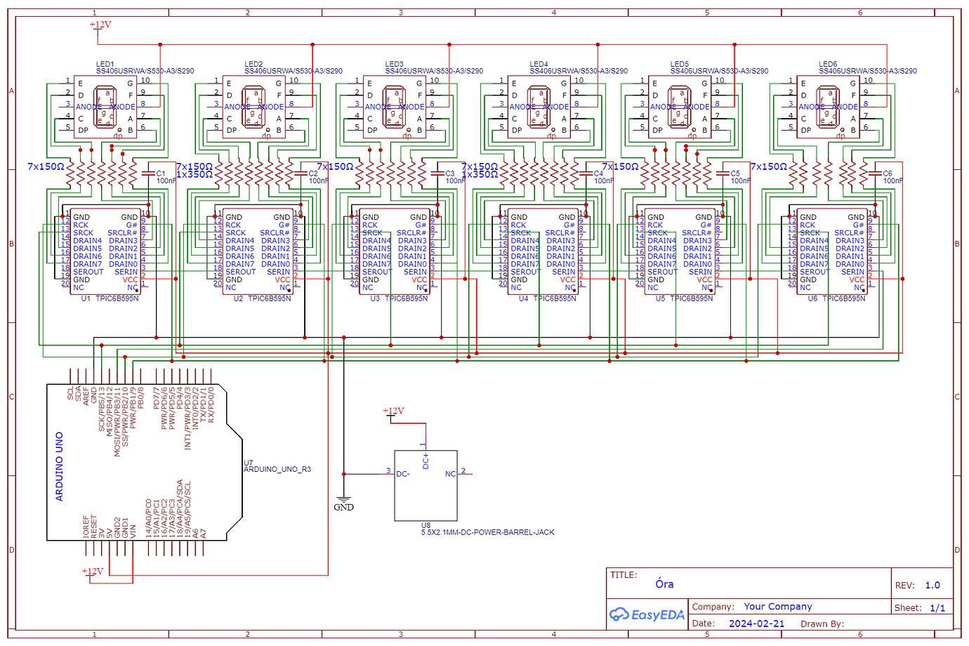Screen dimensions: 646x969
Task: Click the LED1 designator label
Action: [105, 64]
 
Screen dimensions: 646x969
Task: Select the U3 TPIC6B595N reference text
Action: [399, 298]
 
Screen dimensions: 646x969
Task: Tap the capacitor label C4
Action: [598, 173]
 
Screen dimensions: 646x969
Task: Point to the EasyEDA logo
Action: [647, 615]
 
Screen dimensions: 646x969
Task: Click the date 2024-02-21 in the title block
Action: [756, 624]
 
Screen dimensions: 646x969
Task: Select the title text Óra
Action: [664, 584]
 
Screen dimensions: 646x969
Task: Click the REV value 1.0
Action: [932, 585]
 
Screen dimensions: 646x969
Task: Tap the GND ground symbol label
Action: [343, 507]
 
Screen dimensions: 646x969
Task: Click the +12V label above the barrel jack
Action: [393, 411]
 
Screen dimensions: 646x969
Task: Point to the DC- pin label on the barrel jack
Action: [402, 474]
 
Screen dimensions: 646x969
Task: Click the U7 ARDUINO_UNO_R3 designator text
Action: [277, 466]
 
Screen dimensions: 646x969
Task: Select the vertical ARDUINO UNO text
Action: [60, 466]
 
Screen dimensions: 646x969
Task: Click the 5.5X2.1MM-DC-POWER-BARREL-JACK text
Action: [487, 532]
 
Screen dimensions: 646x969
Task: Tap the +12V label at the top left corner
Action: [100, 25]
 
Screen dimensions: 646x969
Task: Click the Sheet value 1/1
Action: [937, 608]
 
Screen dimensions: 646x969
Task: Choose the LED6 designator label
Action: [828, 64]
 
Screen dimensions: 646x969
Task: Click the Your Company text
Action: [778, 607]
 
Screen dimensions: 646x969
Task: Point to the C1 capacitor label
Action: [161, 173]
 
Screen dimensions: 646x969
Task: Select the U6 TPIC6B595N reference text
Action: [838, 298]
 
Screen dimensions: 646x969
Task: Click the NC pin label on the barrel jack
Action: [450, 474]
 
